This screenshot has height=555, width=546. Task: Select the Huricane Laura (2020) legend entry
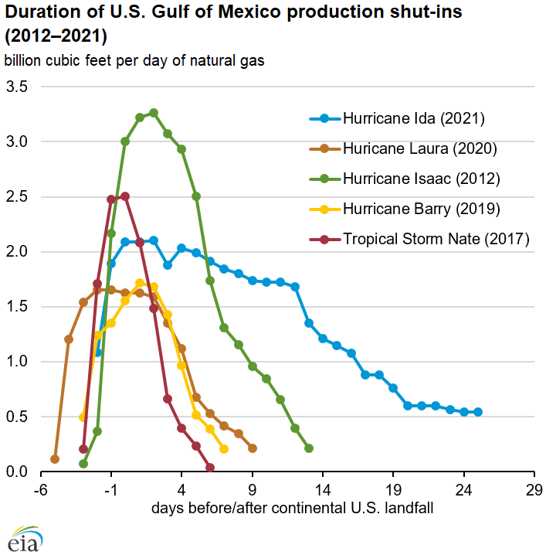pos(419,149)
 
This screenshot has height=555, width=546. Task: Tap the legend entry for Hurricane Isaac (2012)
pos(422,179)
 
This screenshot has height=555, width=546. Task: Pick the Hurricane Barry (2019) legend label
pos(422,209)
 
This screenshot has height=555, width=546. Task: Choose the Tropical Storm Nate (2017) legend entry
pos(436,239)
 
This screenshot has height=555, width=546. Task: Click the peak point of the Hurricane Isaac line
pos(154,113)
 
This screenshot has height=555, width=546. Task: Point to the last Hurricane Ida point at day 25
pos(478,412)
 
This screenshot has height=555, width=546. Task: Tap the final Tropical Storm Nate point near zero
pos(210,467)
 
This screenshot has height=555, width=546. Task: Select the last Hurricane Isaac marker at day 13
pos(309,448)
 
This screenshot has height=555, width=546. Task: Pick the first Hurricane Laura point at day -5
pos(55,459)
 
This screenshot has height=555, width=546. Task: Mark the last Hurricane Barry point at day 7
pos(224,448)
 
